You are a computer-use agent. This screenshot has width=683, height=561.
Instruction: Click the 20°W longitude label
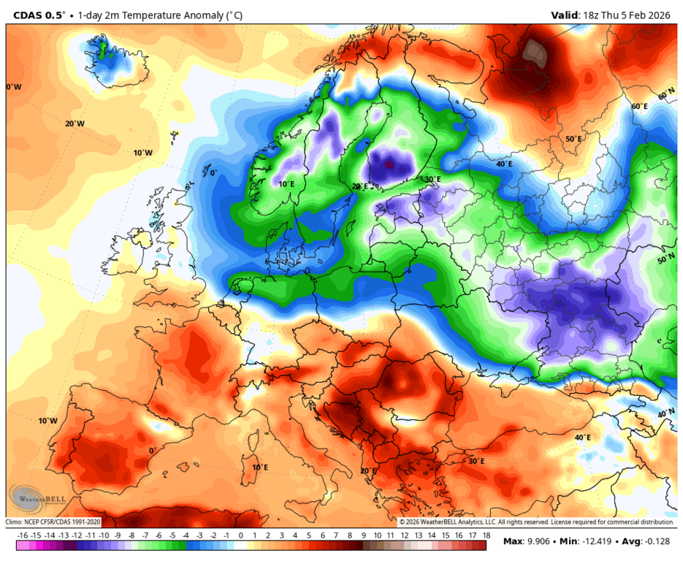(x=75, y=123)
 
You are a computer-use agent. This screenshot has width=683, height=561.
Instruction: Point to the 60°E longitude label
(x=639, y=107)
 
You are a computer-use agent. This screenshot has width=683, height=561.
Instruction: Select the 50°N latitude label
(x=665, y=260)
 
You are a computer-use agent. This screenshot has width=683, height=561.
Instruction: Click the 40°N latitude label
(x=665, y=414)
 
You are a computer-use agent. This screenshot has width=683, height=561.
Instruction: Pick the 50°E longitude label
(x=573, y=139)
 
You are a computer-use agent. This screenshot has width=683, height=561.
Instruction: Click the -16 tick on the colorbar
(x=23, y=535)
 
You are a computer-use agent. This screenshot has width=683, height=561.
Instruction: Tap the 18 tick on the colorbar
(x=485, y=535)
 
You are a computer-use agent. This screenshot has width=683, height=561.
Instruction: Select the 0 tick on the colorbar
(x=241, y=535)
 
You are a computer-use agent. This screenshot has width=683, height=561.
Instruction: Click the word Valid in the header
(x=564, y=15)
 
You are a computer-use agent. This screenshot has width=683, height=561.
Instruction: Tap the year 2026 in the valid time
(x=662, y=15)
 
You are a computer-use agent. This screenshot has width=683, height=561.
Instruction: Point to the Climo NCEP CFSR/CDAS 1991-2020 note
(x=53, y=522)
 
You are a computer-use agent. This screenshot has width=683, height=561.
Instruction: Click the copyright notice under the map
(x=536, y=522)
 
